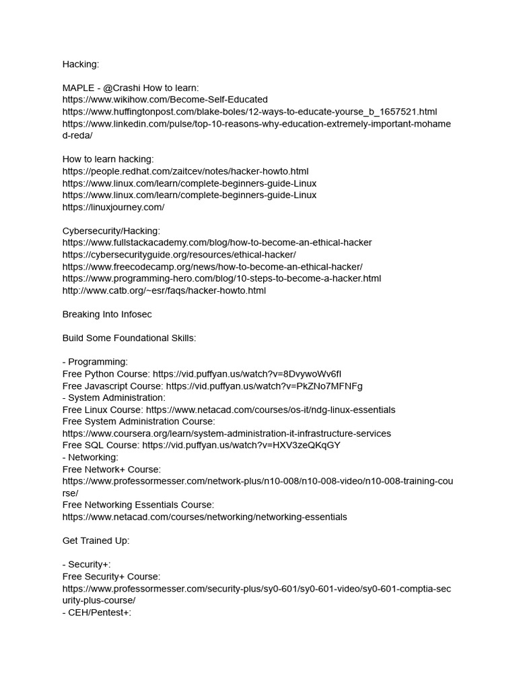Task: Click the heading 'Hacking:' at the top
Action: pos(81,64)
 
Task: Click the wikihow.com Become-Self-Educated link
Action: pos(165,100)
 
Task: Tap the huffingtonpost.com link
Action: pos(250,111)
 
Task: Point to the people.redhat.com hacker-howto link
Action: pos(186,171)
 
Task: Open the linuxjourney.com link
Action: pos(113,207)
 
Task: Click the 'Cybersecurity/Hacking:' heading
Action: pos(112,230)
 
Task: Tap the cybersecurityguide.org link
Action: pos(179,254)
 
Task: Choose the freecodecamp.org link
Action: pos(212,266)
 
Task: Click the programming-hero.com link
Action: pos(221,278)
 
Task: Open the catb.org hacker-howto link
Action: pos(164,290)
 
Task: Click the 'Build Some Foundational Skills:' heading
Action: pos(129,338)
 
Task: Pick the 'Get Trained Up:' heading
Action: pos(96,540)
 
